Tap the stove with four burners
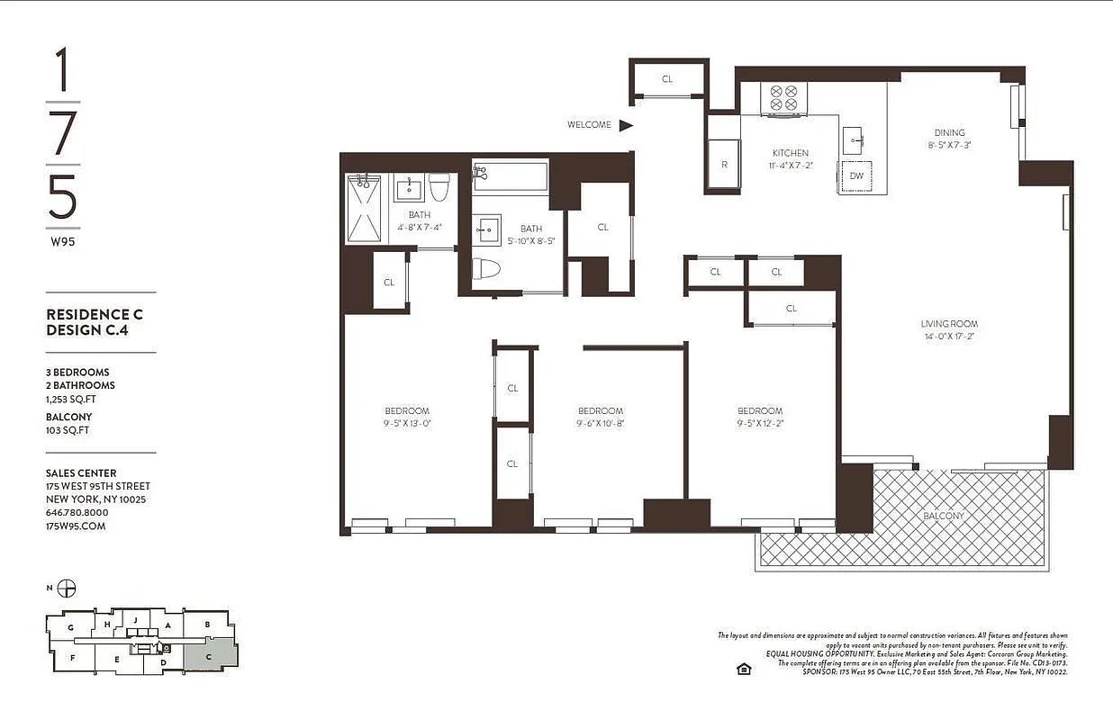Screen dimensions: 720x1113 coord(783,99)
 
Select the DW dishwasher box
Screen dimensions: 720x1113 coord(855,176)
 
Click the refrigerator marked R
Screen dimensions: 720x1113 coord(723,165)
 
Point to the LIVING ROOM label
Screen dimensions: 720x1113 coord(948,324)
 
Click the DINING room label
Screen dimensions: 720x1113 coord(949,132)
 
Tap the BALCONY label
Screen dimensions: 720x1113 coord(943,516)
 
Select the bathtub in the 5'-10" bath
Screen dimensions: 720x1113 coord(510,175)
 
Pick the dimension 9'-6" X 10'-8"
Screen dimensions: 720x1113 coord(600,423)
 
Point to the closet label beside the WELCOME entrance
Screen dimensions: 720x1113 coord(667,79)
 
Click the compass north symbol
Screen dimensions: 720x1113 coord(66,589)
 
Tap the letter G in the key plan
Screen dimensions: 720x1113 coord(70,626)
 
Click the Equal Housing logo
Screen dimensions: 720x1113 coord(744,669)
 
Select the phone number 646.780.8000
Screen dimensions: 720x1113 coord(76,512)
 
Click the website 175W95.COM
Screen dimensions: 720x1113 coord(76,526)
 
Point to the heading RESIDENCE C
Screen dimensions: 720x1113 coord(95,315)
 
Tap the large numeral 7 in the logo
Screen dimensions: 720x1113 coord(63,134)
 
